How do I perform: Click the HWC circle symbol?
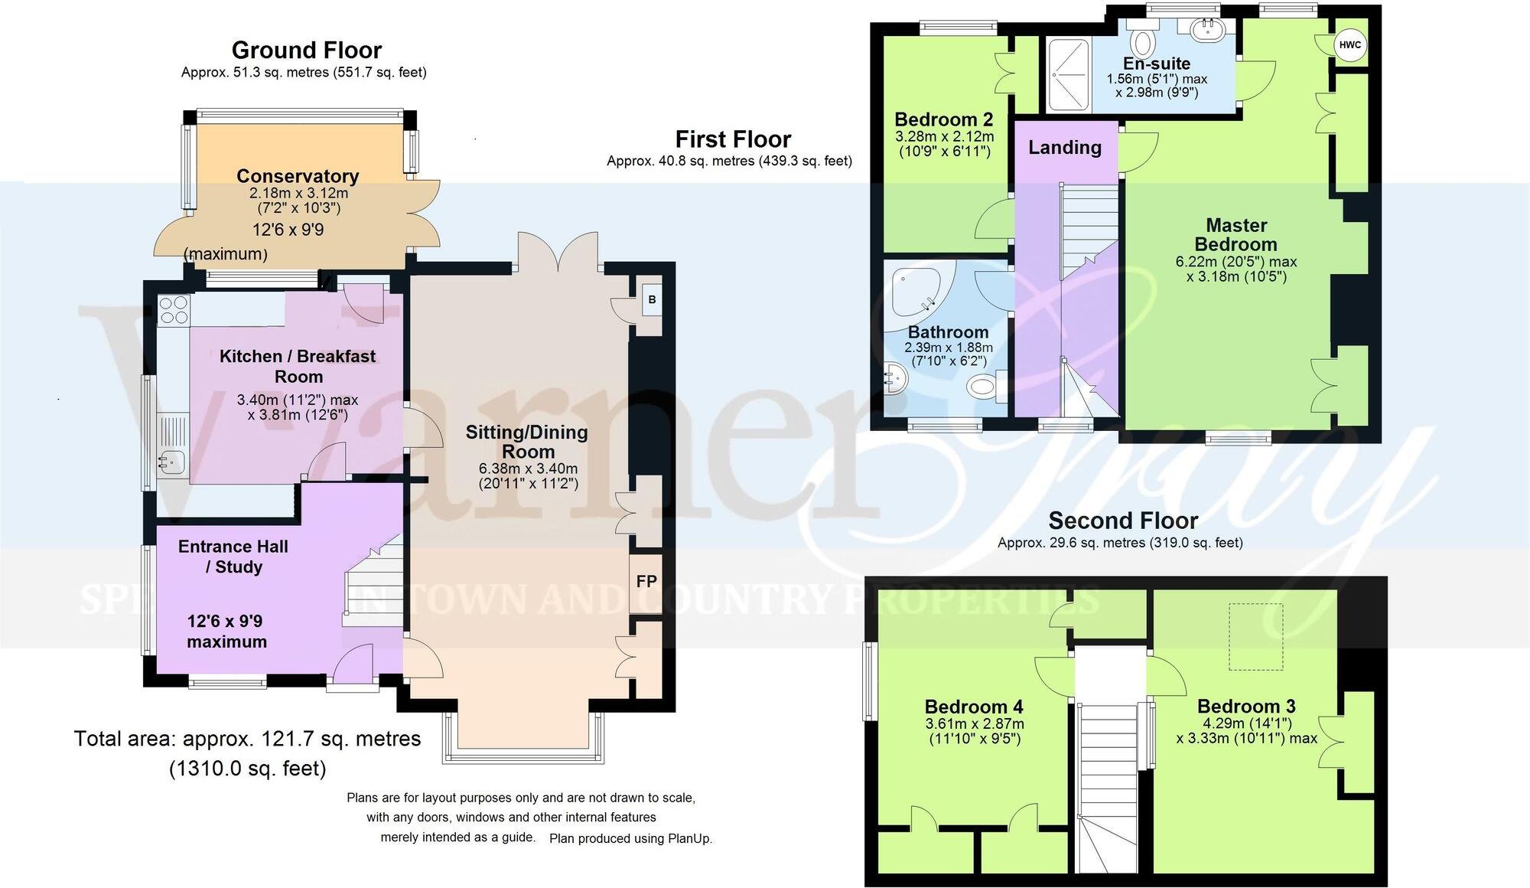coord(1350,45)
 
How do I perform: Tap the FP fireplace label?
coord(646,582)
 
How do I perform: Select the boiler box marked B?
coord(652,300)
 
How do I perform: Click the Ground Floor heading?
coord(306,51)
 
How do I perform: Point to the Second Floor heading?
coord(1122,521)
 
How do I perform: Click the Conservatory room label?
coord(298,176)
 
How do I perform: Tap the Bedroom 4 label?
coord(974,707)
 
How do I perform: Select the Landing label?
coord(1064,147)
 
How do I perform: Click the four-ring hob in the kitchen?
coord(173,310)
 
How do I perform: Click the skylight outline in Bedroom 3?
coord(1255,637)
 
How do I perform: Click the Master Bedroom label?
coord(1236,235)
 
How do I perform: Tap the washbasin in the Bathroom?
coord(894,378)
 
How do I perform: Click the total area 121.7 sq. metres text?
coord(247,739)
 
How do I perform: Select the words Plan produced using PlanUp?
coord(630,838)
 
